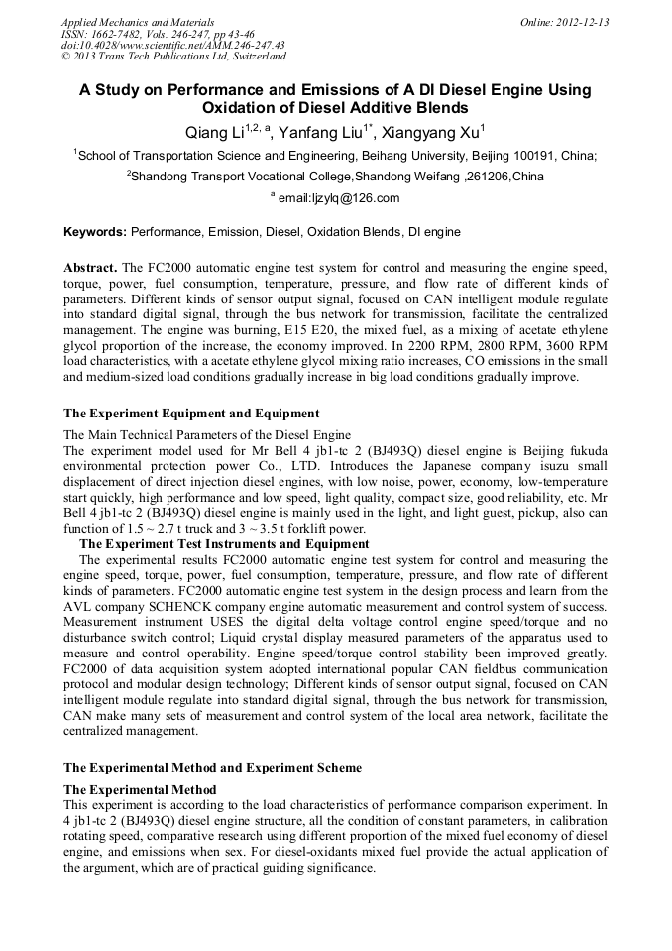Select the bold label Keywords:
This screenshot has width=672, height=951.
coord(96,232)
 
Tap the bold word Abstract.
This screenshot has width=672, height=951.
coord(90,269)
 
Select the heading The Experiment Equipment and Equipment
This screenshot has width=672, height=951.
coord(191,413)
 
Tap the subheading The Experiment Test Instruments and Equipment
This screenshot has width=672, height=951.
coord(224,543)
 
